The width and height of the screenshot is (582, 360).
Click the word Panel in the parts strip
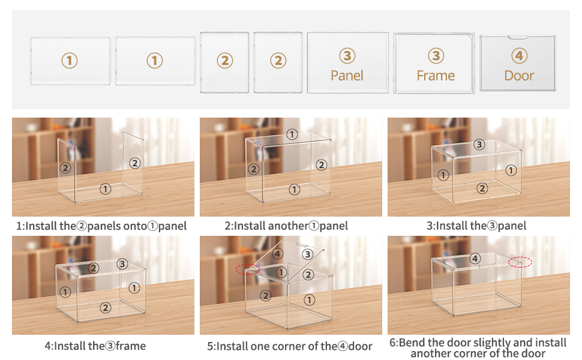pos(347,76)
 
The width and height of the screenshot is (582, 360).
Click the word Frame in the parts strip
pos(436,76)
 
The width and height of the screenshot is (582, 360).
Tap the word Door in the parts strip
pos(519,76)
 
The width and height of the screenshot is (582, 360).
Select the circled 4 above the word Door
pos(519,56)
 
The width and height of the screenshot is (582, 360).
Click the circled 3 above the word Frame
pos(436,56)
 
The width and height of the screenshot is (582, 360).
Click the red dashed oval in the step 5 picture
pos(248,268)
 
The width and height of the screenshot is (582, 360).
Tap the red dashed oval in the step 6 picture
pos(520,262)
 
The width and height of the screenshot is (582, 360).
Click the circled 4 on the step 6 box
pos(475,259)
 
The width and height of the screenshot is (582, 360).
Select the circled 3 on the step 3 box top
pos(478,144)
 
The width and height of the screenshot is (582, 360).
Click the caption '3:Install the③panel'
pos(476,226)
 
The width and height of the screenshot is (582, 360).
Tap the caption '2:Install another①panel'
pos(286,226)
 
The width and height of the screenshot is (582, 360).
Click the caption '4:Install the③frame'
pos(95,346)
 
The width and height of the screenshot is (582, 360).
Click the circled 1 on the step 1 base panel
pos(106,189)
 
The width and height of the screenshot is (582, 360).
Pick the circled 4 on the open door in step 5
pos(277,254)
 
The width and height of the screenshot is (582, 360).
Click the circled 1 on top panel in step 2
pos(292,134)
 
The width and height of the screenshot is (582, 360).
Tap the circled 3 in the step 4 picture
pos(122,264)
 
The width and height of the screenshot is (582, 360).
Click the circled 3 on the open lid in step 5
pos(307,254)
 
